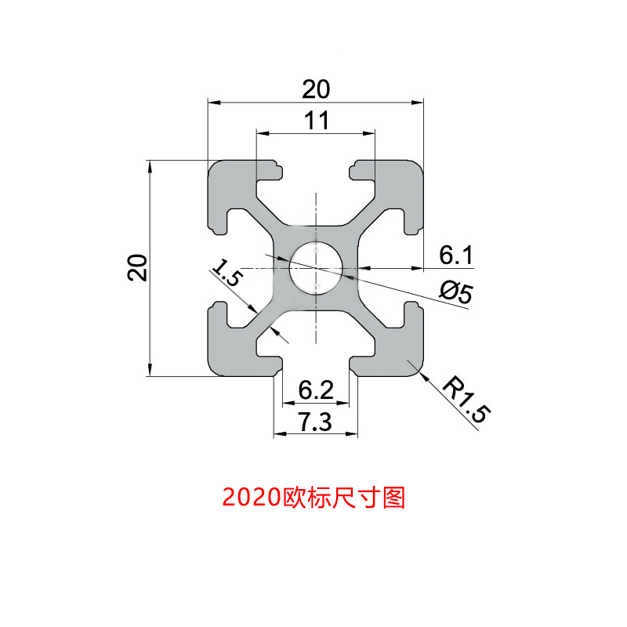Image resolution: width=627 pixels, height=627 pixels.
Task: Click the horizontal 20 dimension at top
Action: (x=316, y=90)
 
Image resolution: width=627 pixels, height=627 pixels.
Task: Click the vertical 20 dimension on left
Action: (x=138, y=268)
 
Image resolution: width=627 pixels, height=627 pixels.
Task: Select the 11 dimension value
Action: (x=316, y=120)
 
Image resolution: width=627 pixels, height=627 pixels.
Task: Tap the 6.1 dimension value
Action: (x=455, y=255)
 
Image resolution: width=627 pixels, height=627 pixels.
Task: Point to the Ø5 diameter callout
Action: (x=455, y=292)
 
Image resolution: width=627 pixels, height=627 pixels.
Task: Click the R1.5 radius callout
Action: (x=465, y=400)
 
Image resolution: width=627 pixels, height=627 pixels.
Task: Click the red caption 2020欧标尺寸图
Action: (x=313, y=497)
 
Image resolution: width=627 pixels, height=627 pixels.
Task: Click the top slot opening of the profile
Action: (x=316, y=169)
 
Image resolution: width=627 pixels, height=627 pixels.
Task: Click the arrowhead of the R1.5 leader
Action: (x=422, y=375)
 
